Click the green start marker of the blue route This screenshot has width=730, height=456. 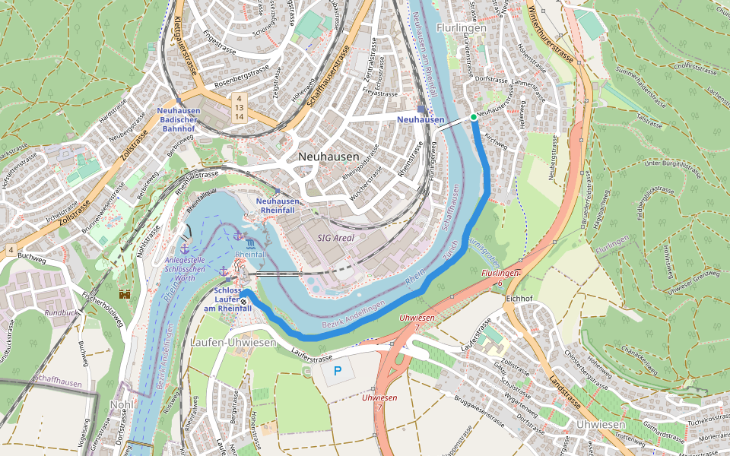click(x=473, y=117)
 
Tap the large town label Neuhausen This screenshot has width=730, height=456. click(x=328, y=156)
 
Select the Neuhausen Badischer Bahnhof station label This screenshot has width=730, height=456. click(x=179, y=119)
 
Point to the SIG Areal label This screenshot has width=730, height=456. click(x=335, y=238)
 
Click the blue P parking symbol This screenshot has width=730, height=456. click(x=338, y=372)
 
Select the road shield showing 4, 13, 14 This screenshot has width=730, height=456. click(x=239, y=107)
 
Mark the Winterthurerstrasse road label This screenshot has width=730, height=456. click(x=551, y=34)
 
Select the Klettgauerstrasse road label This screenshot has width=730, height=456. click(x=186, y=47)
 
